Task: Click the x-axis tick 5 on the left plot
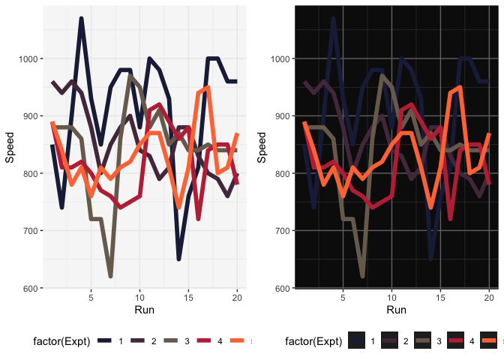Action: coord(91,296)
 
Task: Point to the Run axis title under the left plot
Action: coord(143,310)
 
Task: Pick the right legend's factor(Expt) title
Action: coord(314,342)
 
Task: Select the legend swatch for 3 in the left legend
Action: coord(169,342)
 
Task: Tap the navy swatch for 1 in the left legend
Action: coord(104,342)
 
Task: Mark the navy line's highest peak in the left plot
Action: coord(81,19)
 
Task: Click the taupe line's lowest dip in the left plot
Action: coord(110,276)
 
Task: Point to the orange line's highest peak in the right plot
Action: coord(460,88)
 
